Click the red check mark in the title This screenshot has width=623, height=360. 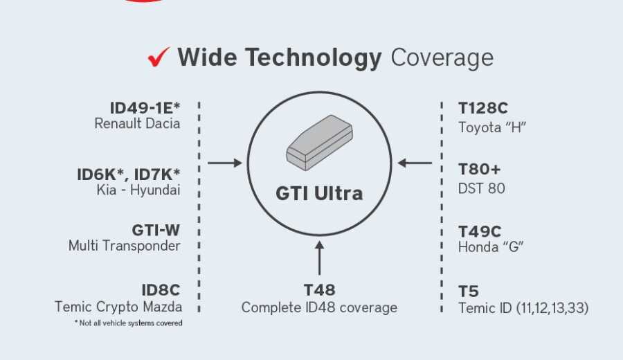(x=159, y=57)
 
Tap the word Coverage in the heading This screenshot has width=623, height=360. (x=442, y=58)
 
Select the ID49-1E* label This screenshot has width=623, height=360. (x=145, y=108)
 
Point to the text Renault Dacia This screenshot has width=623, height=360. (x=138, y=123)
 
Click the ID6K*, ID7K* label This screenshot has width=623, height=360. (x=128, y=174)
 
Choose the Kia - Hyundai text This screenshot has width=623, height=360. (x=138, y=190)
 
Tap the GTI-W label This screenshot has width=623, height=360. (x=156, y=230)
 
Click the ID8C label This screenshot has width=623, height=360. (x=161, y=290)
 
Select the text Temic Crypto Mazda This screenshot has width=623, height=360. (x=118, y=307)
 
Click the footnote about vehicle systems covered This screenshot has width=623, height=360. (x=128, y=323)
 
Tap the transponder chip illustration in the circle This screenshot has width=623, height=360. (x=319, y=143)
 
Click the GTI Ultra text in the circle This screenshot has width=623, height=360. (x=319, y=194)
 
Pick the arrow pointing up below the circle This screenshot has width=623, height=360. (x=319, y=258)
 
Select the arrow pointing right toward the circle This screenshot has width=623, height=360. (x=225, y=163)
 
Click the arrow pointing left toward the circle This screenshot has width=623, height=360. (x=415, y=163)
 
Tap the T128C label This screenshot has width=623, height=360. (x=482, y=108)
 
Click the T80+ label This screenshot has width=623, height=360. (x=479, y=170)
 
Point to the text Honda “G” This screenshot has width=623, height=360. (x=491, y=247)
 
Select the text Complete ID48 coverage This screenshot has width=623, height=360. (x=319, y=307)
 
